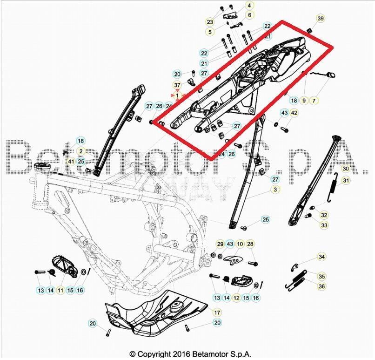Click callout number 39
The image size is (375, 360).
tap(321, 19)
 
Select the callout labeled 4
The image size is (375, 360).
tap(249, 6)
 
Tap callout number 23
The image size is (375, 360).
tap(210, 22)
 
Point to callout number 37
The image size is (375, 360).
tap(177, 85)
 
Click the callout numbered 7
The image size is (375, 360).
tap(314, 100)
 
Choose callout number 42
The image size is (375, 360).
tap(294, 113)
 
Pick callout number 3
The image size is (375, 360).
tap(275, 190)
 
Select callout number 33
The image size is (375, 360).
tap(324, 225)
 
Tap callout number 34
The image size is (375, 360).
tap(321, 257)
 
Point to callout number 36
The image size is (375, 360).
tap(321, 286)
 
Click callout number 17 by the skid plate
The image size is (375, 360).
tap(217, 312)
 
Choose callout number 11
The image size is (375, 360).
tap(60, 291)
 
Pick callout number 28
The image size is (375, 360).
tap(250, 244)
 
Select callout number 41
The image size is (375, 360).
tap(71, 161)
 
